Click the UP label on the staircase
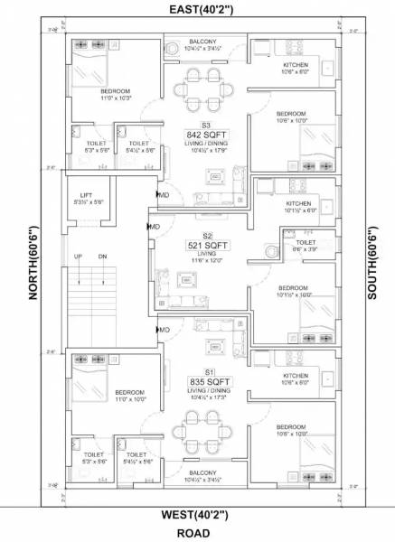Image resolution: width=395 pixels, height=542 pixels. coord(80,257)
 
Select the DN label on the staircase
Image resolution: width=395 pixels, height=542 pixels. coord(102,257)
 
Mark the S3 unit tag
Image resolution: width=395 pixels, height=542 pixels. coord(206,125)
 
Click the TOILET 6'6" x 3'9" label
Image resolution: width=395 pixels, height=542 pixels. coord(306,247)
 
